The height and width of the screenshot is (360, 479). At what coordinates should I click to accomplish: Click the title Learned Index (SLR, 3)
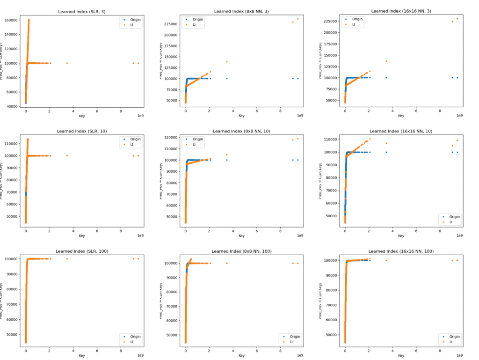coord(82,11)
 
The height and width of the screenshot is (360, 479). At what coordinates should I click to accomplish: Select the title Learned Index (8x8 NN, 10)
coord(241,131)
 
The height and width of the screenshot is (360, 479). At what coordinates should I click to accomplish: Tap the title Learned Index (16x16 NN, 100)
coord(401,251)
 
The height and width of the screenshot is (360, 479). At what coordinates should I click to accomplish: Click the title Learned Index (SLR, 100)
coord(82,251)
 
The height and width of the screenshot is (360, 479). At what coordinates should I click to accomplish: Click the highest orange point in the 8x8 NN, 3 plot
coord(298,19)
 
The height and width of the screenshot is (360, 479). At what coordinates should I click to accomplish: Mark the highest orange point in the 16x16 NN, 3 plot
coord(457,19)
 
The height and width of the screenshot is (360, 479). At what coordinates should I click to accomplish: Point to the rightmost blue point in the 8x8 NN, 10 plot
coord(298,160)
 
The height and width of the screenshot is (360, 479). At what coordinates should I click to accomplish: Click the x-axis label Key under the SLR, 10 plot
coord(82,235)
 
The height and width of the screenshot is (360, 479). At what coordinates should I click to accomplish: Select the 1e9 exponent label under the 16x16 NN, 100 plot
coord(459,355)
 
